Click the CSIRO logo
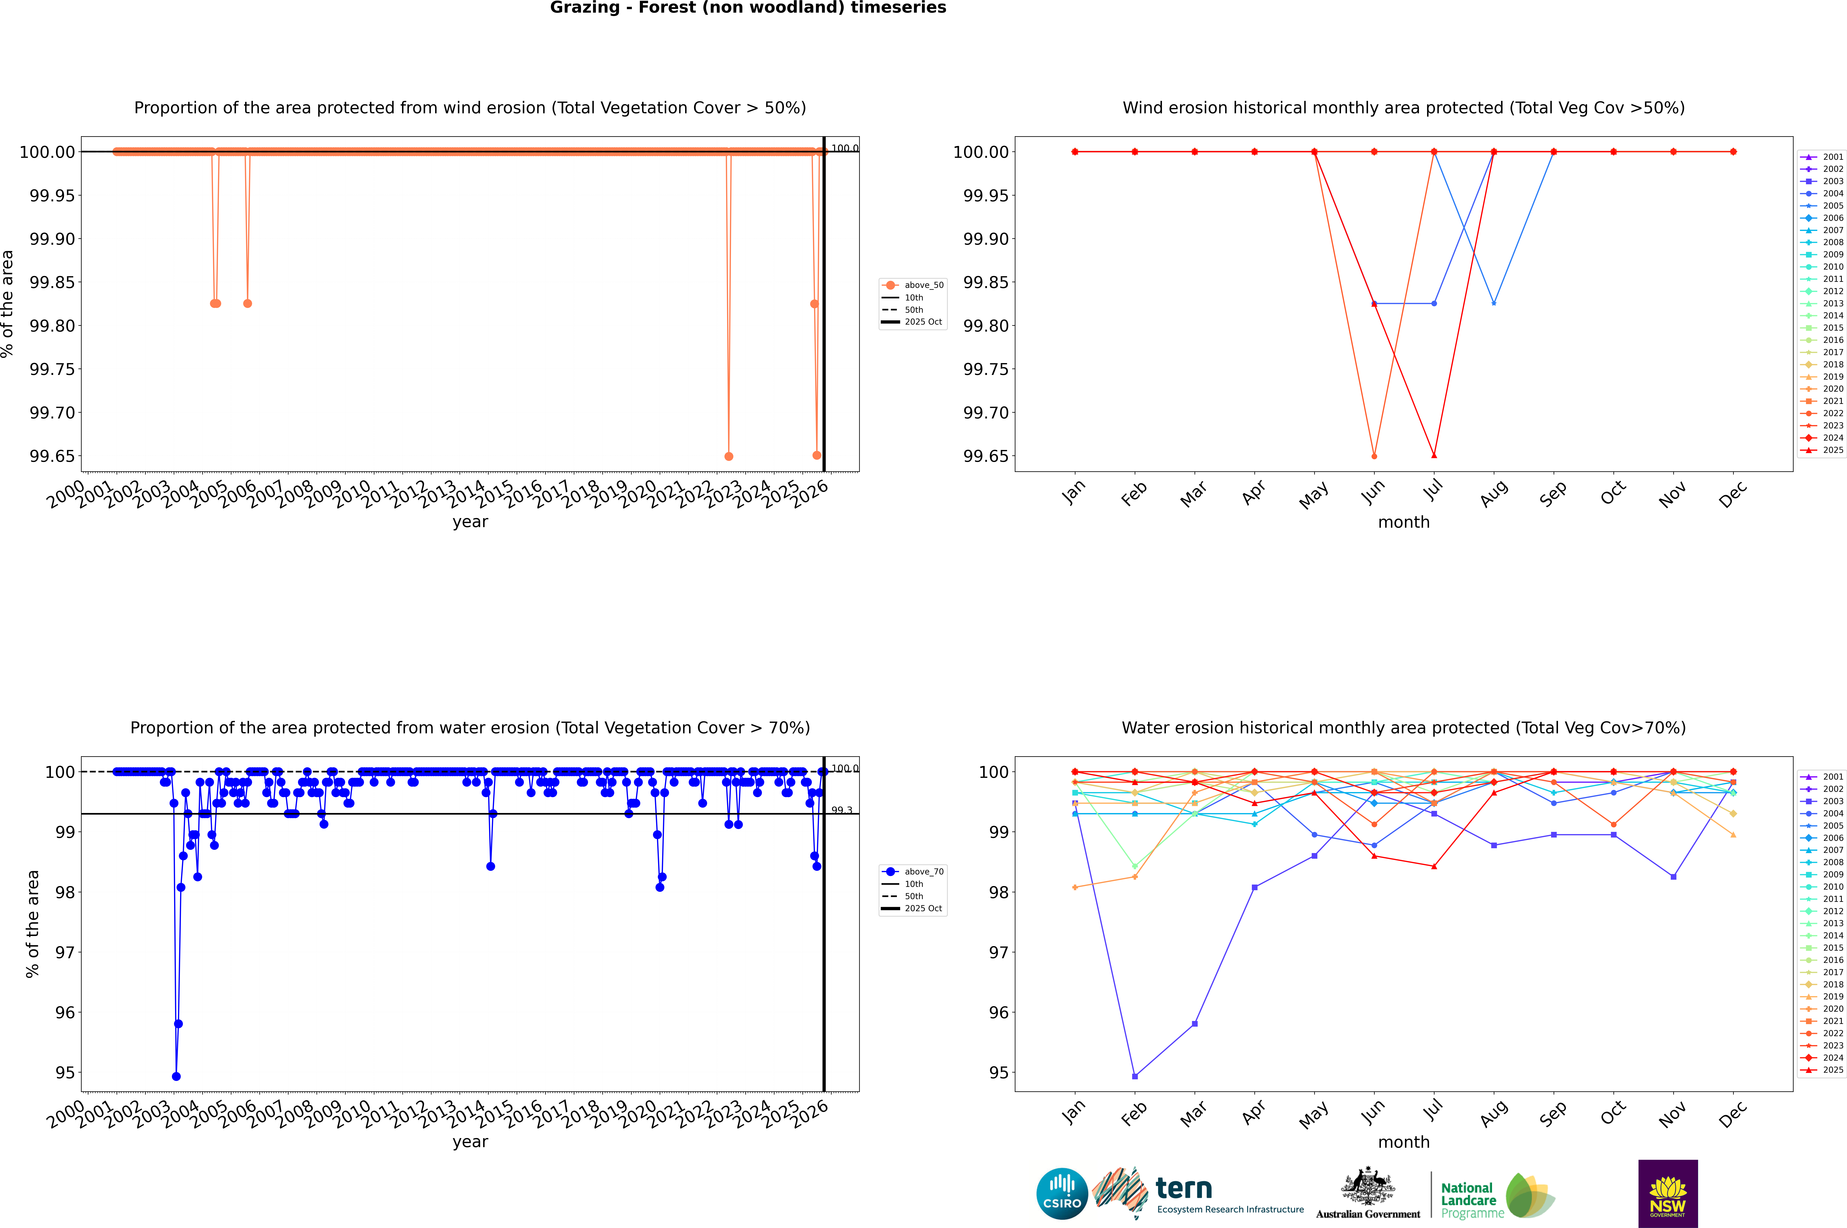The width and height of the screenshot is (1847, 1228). [1062, 1194]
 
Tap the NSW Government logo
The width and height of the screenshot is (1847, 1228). [1668, 1194]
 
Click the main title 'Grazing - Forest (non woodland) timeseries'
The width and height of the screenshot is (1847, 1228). [748, 8]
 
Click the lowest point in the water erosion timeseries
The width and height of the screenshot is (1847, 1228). [176, 1076]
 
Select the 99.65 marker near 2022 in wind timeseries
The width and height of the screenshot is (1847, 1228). [729, 456]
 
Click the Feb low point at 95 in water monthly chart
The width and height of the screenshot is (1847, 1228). [1135, 1076]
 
